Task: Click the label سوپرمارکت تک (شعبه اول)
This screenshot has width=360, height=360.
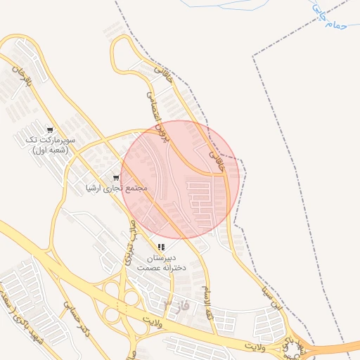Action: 49,145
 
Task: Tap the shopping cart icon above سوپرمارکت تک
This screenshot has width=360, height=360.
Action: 50,129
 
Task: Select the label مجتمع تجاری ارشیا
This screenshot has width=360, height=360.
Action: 115,188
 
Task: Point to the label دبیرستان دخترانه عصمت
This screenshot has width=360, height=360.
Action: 161,263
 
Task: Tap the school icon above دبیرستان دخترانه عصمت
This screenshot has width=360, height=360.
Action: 162,247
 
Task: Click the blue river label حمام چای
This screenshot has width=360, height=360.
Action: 329,18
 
